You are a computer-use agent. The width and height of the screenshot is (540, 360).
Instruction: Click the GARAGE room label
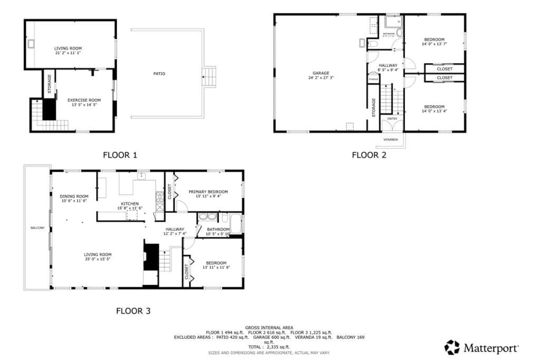pos(321,73)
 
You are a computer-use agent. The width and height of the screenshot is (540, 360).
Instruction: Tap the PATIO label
pos(159,74)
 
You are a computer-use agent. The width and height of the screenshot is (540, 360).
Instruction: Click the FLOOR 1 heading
pos(120,155)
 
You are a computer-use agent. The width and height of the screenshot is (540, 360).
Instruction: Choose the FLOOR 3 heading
pos(133,311)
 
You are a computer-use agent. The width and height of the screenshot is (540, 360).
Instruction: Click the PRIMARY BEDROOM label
pos(208,192)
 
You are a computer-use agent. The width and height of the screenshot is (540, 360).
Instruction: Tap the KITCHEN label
pos(130,203)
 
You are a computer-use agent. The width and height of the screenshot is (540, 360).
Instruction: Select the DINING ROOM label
pos(74,196)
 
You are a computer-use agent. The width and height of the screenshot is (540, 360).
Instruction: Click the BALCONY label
pos(37,228)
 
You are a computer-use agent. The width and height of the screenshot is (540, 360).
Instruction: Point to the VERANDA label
pos(391,140)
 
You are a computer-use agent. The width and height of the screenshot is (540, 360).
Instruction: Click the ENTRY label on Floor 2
pos(392,119)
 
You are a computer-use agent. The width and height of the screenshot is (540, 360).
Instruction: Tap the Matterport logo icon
pos(452,347)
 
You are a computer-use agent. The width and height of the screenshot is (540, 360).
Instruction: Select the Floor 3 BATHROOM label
pos(218,229)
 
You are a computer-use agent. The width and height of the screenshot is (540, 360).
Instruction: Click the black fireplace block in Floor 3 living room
pos(151,256)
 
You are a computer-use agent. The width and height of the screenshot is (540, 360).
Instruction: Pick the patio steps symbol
pos(209,76)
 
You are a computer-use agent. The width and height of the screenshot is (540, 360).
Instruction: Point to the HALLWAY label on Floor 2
pos(388,65)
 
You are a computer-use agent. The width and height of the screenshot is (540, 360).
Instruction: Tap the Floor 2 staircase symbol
pos(387,99)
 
